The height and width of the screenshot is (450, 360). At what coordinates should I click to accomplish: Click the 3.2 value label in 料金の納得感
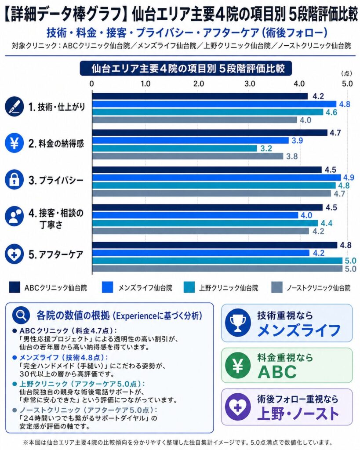(x=266, y=148)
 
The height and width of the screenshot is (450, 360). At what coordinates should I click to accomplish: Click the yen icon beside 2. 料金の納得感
(x=14, y=143)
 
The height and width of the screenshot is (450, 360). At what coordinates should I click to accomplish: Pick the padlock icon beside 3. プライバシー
(x=14, y=180)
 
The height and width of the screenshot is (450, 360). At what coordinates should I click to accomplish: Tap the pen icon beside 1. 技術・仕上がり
(x=14, y=107)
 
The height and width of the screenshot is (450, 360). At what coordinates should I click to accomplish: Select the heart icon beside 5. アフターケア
(x=14, y=254)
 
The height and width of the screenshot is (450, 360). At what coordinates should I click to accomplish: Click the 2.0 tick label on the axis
(x=198, y=83)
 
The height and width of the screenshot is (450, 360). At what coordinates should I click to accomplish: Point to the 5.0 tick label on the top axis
(x=347, y=83)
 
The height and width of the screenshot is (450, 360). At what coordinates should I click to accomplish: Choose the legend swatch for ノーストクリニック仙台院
(x=277, y=288)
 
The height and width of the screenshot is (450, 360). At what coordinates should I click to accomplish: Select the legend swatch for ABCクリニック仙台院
(x=14, y=288)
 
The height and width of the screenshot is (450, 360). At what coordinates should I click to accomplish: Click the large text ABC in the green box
(x=277, y=372)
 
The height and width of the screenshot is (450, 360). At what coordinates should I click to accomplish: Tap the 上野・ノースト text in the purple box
(x=298, y=414)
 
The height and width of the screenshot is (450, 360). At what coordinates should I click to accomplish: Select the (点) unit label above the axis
(x=346, y=73)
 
